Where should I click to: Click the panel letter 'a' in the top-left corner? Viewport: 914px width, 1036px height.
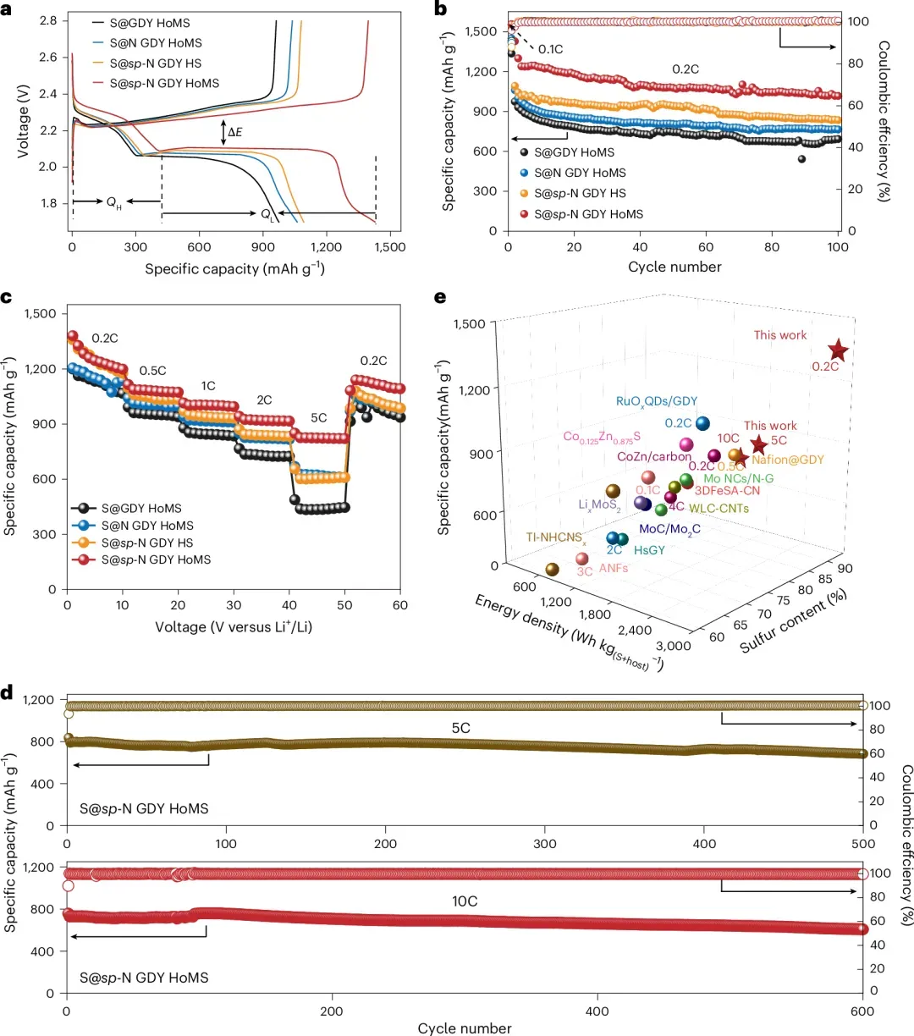(7, 10)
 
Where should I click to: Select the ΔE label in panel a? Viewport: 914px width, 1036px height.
(234, 133)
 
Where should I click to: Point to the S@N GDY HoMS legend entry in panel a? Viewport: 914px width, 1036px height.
(156, 43)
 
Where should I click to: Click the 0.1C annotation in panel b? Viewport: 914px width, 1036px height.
(550, 49)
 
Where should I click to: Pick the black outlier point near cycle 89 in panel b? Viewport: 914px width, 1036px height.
(801, 159)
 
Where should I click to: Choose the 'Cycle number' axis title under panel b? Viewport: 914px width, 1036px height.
(674, 267)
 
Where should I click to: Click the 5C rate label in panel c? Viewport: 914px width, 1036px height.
(318, 418)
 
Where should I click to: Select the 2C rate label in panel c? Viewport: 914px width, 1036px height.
(264, 400)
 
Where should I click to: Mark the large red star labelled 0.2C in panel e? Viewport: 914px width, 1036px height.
(838, 350)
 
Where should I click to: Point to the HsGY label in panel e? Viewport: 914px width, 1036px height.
(649, 550)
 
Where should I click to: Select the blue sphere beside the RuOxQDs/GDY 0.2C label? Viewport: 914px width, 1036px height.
(702, 423)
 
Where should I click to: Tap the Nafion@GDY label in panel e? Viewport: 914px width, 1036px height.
(787, 460)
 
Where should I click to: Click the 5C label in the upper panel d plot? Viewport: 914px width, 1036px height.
(460, 728)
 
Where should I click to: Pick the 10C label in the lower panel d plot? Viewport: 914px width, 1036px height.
(464, 901)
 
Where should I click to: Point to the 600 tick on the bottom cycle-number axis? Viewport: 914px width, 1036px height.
(862, 1011)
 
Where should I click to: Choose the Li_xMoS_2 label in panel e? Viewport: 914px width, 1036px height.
(599, 506)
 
